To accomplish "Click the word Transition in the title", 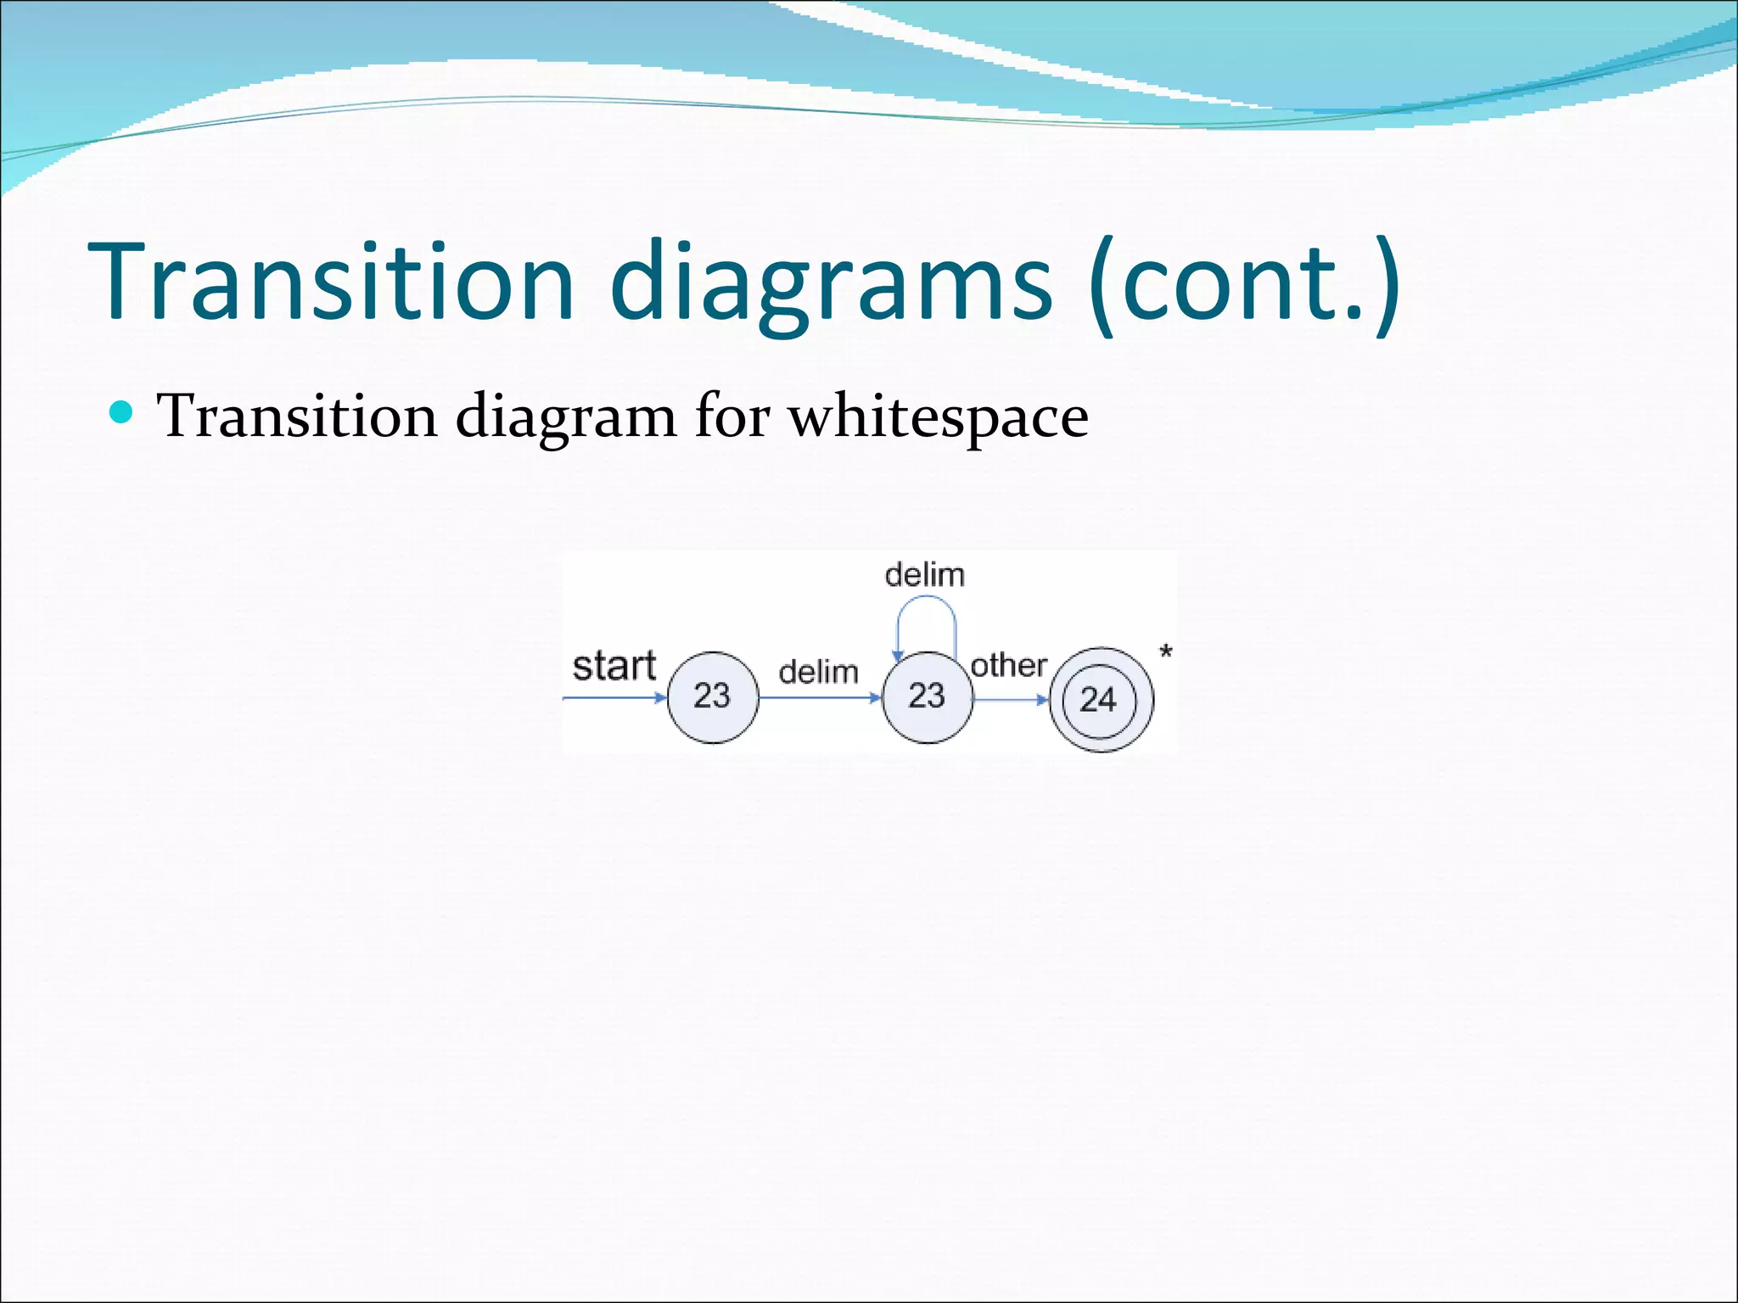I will [x=331, y=282].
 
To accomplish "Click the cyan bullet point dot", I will [x=122, y=412].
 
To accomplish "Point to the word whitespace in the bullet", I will [x=938, y=417].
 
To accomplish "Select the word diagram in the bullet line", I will [x=565, y=417].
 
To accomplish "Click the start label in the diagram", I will [x=614, y=666].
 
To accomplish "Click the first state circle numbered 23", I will [x=712, y=697].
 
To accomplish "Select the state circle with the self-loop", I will [x=927, y=697].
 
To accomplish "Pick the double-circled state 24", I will [x=1100, y=700].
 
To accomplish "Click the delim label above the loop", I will [x=924, y=575].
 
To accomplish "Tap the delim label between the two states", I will [x=818, y=672].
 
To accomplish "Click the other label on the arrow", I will [x=1008, y=666].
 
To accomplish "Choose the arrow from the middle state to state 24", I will [x=1010, y=700].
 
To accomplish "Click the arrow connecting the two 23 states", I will [x=820, y=698].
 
